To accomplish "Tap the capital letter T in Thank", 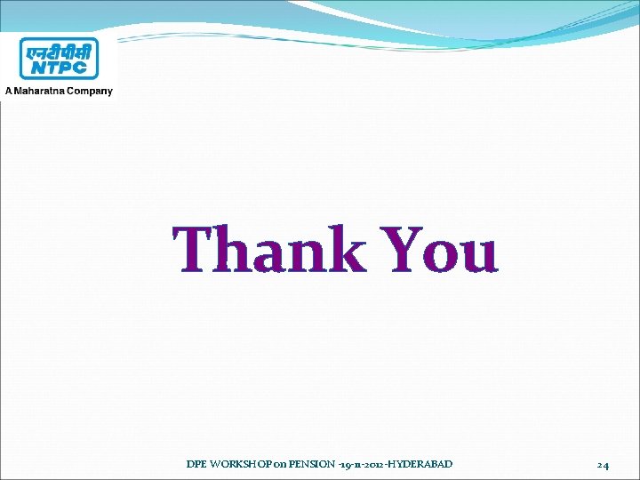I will point(198,249).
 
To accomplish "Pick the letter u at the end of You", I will point(476,255).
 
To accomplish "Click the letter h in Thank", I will point(239,249).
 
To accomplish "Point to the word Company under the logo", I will point(90,91).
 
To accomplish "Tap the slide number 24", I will point(603,465).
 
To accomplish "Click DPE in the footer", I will point(196,464).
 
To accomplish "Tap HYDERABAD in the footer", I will point(421,464).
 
